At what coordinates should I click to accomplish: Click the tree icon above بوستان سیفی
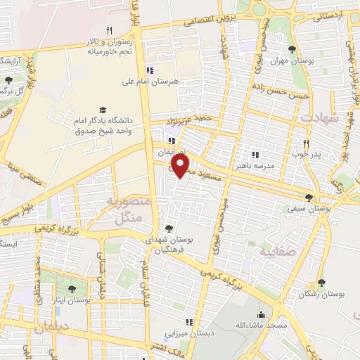pos(309,198)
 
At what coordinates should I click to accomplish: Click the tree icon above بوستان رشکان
pos(321,283)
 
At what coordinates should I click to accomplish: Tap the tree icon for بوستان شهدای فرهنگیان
pos(169,228)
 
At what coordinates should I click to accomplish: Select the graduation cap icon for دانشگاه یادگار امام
pos(103,110)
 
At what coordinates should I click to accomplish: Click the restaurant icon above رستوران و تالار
pos(108,31)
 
